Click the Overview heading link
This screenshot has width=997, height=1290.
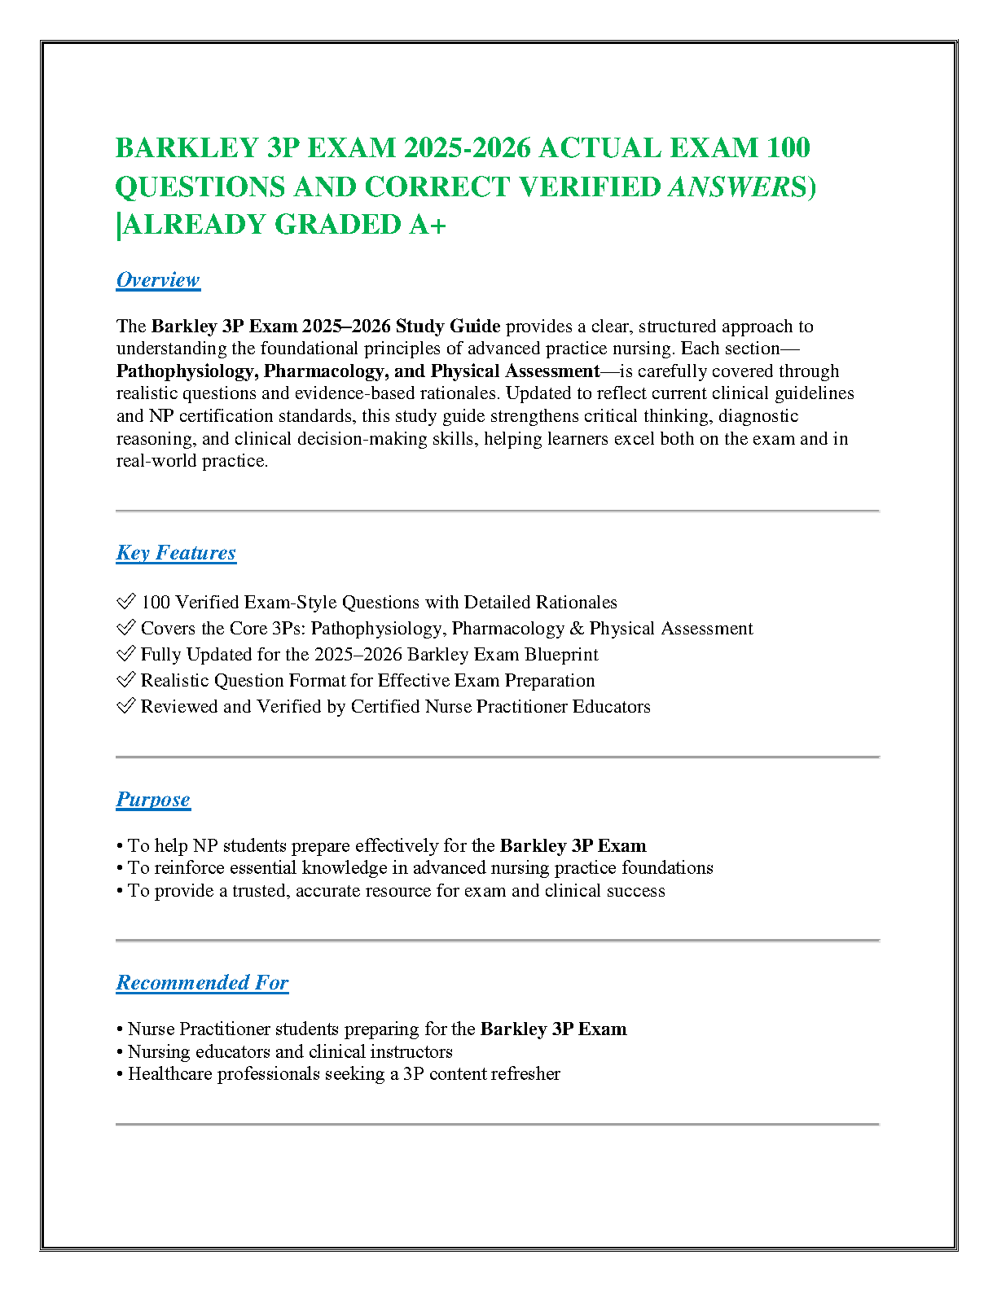[x=157, y=280]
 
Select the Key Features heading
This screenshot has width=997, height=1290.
[x=176, y=553]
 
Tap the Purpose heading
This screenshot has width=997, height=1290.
[x=153, y=800]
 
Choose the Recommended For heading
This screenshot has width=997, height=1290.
[x=202, y=983]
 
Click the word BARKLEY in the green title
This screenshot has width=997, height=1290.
[x=187, y=148]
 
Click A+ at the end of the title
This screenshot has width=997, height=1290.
[x=428, y=225]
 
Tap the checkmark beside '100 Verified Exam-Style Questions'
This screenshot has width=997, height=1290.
[x=125, y=602]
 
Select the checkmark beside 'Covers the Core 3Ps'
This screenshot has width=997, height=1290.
[x=125, y=628]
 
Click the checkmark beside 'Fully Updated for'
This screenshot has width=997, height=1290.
[x=125, y=654]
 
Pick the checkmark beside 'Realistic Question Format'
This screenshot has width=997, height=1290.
[x=125, y=680]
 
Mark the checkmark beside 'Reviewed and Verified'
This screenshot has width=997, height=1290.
[x=125, y=706]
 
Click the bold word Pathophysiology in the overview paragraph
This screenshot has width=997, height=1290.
[x=185, y=371]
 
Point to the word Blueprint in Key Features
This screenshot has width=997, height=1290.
[x=561, y=655]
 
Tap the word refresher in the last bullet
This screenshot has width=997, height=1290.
[x=521, y=1074]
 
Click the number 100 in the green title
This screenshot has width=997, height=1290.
[x=788, y=148]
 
